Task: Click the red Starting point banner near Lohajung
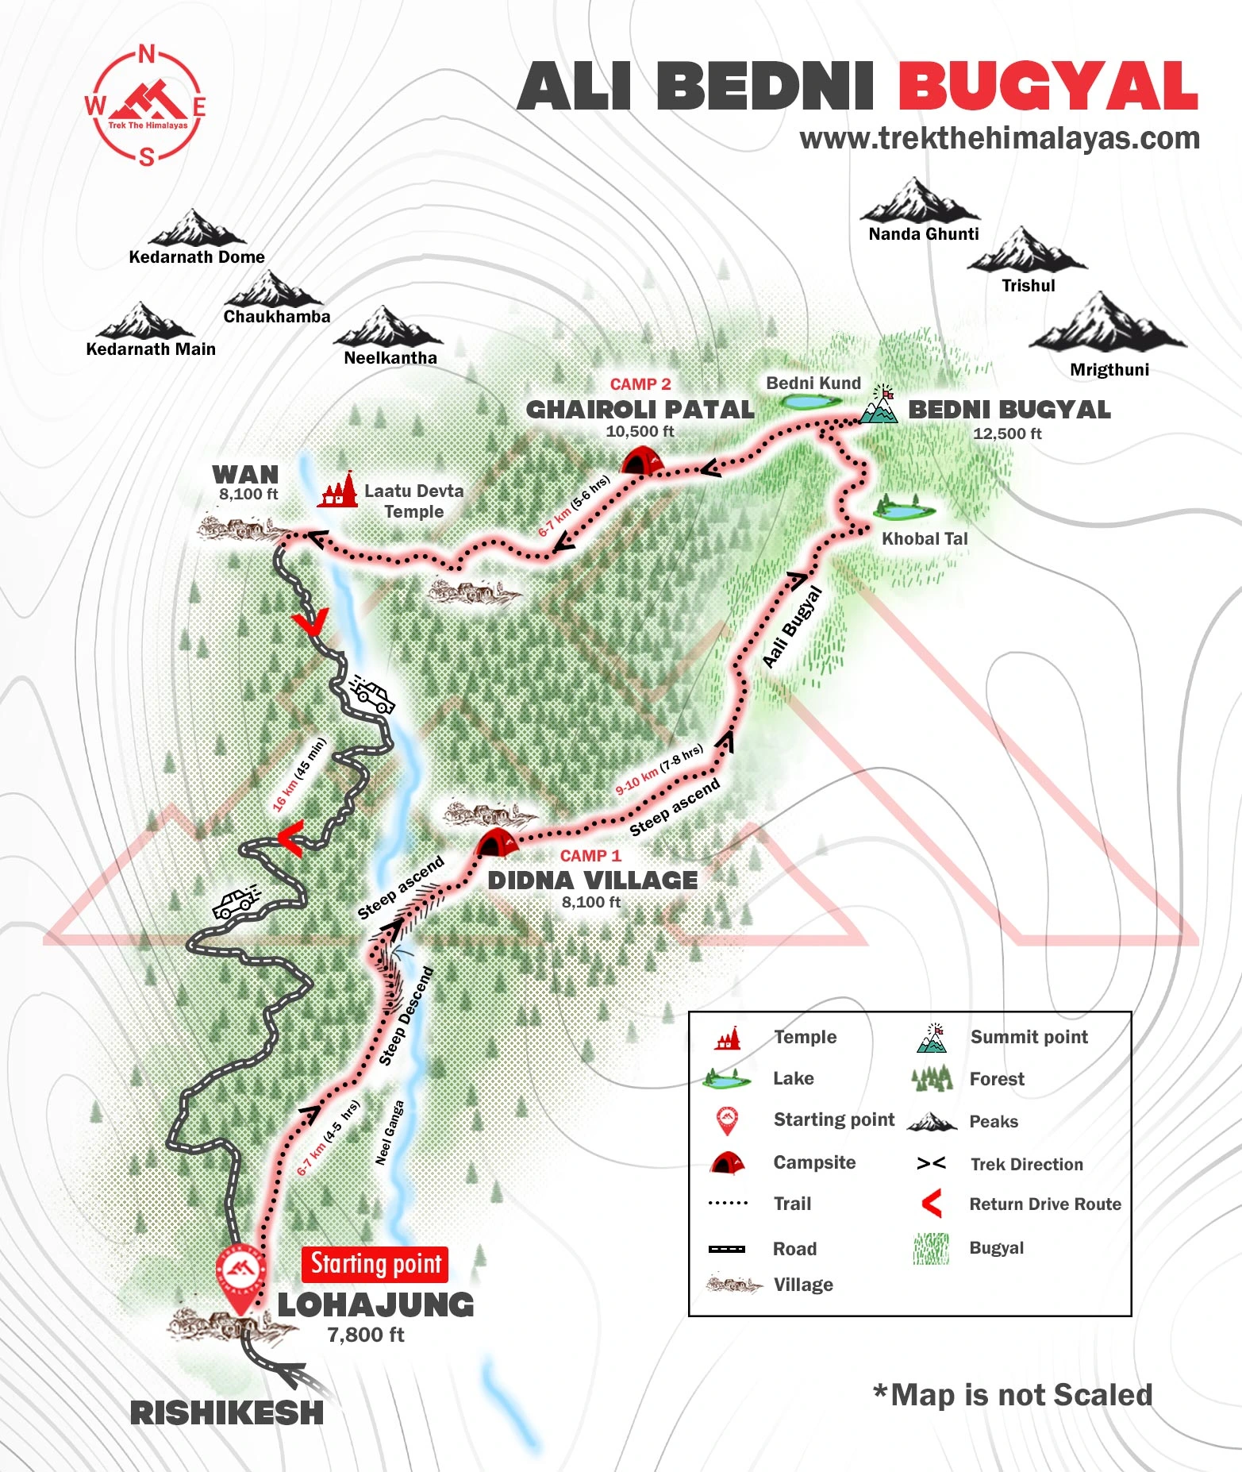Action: coord(375,1264)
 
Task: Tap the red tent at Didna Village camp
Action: coord(497,842)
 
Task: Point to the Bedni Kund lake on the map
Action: coord(810,402)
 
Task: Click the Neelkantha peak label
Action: coord(390,358)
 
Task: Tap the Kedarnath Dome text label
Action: coord(197,257)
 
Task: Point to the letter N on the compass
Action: coord(147,55)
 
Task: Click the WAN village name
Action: coord(245,475)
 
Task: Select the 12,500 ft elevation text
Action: coord(1007,434)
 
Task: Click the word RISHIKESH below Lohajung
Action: coord(227,1413)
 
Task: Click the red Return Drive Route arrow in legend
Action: coord(932,1204)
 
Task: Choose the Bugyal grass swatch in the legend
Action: coord(931,1248)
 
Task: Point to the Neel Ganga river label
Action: coord(390,1132)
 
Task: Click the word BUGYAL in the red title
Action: coord(1048,87)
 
